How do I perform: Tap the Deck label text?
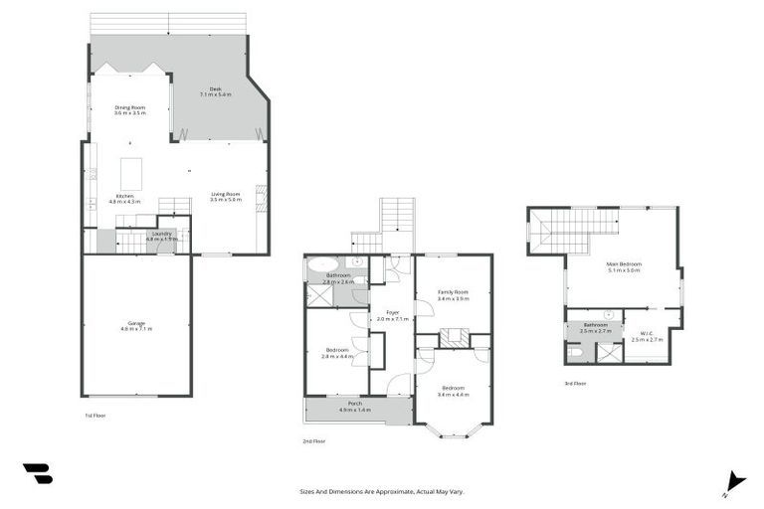215,91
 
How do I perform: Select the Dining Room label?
129,109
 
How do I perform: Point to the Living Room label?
226,196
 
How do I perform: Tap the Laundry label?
160,236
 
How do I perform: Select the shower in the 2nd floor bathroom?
320,295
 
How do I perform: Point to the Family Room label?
453,294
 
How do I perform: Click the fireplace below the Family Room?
454,339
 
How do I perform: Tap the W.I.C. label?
647,336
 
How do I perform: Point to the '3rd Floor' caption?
575,383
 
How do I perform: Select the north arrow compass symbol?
734,481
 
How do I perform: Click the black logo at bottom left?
37,474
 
